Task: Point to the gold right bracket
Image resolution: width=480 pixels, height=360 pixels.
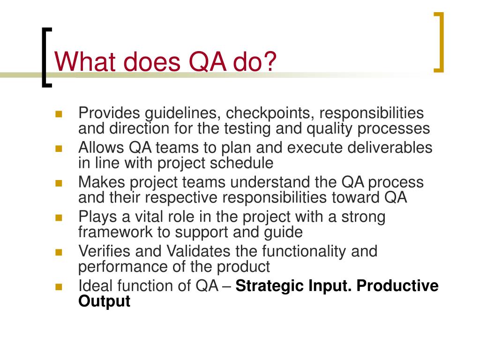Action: pos(439,43)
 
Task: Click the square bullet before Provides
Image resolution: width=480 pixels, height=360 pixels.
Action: pos(59,113)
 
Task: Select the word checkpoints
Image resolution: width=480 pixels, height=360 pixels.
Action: pos(263,113)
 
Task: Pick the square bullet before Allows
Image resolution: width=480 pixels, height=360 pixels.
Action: pos(59,148)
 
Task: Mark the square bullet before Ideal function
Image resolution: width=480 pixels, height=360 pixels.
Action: pos(59,286)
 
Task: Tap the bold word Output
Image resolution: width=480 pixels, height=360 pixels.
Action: pos(104,301)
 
